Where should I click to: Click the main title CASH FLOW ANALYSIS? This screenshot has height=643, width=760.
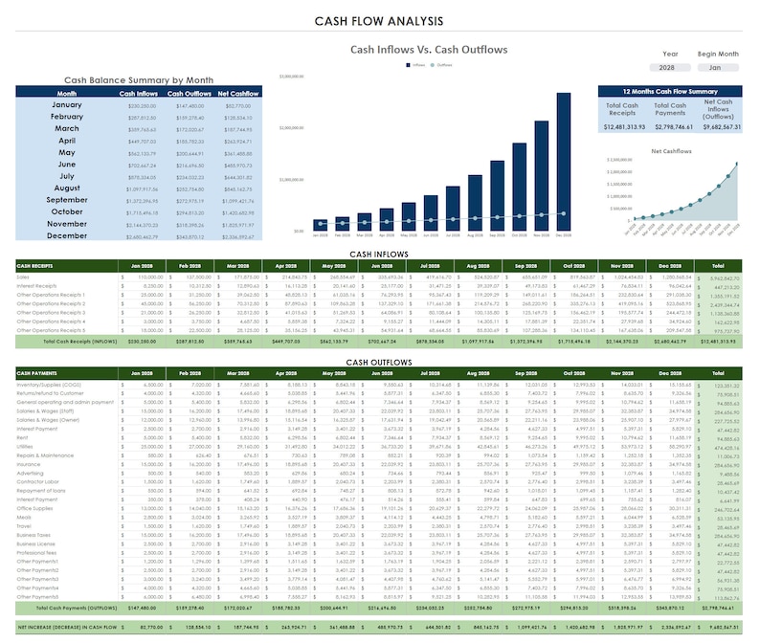379,20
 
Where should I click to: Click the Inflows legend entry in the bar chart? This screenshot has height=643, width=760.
417,65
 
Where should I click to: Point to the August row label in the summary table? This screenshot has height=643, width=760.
66,189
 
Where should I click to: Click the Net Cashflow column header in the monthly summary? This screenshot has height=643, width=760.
238,94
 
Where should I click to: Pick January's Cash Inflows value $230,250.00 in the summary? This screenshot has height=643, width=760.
141,106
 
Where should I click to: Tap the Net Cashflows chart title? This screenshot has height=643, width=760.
670,150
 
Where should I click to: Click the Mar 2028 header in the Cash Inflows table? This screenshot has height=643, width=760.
250,265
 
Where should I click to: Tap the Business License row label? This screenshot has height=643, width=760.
34,543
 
